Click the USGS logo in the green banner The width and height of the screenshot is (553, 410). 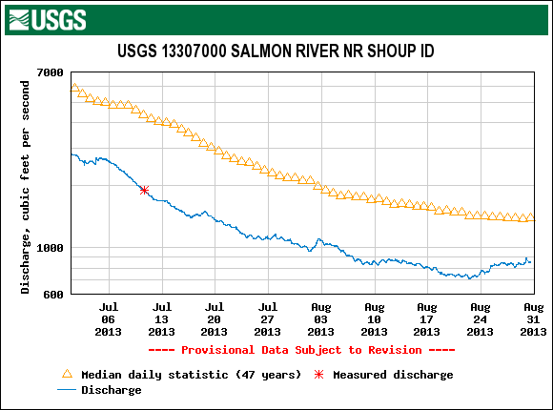tap(48, 20)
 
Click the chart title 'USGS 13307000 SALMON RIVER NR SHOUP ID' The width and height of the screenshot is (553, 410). tap(276, 51)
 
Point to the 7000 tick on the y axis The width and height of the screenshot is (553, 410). tap(51, 72)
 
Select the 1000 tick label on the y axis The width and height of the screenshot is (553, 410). tap(51, 248)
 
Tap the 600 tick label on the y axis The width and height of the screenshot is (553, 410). tap(53, 295)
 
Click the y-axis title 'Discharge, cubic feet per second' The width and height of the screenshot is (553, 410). tap(25, 187)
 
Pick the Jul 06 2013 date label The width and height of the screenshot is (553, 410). tap(109, 319)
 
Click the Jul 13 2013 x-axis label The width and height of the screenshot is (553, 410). tap(161, 319)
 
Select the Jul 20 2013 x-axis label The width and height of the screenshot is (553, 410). tap(215, 319)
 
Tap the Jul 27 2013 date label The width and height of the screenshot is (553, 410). tap(267, 319)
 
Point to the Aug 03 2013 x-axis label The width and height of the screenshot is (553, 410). tap(320, 319)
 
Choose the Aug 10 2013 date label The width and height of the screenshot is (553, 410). tap(374, 319)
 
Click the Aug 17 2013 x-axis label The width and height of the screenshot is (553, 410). tap(426, 319)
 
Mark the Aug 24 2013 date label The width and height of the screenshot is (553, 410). tap(480, 319)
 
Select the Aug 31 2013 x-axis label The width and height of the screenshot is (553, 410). tap(533, 319)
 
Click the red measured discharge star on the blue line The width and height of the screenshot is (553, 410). tap(144, 190)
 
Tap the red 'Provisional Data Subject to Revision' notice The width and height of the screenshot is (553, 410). tap(301, 350)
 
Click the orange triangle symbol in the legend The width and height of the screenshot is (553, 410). tap(67, 374)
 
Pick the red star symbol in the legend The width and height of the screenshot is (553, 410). tap(318, 375)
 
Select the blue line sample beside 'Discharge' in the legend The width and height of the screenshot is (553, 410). tap(67, 390)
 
